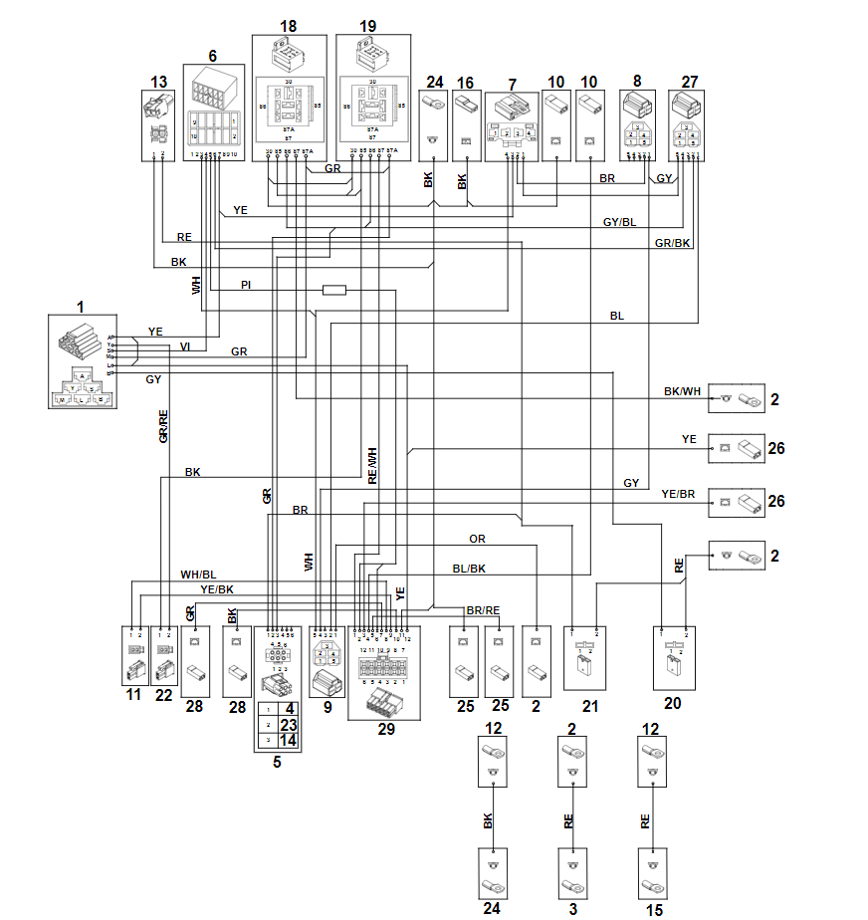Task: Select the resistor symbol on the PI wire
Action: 334,290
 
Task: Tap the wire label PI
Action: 246,286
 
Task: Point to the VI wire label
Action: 184,346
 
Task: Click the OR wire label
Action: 477,540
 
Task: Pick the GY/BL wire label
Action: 619,222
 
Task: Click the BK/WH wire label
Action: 682,391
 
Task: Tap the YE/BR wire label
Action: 679,494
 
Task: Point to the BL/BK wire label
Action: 468,569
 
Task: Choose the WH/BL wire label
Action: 198,575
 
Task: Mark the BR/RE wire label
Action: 483,610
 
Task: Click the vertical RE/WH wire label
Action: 372,465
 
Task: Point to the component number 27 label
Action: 689,82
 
